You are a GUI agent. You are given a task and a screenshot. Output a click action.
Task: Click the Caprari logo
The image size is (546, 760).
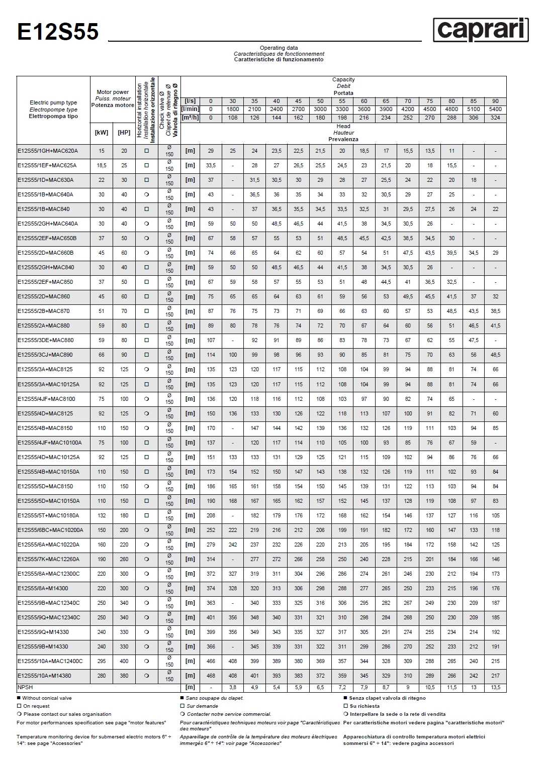[x=481, y=30]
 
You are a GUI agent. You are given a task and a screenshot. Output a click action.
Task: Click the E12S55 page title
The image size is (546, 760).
[x=58, y=32]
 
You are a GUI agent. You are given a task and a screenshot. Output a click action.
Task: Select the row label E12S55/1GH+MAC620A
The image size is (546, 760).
[x=48, y=151]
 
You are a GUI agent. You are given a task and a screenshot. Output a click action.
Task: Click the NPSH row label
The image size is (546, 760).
[x=25, y=687]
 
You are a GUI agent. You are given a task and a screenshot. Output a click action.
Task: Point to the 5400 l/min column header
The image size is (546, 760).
[x=495, y=109]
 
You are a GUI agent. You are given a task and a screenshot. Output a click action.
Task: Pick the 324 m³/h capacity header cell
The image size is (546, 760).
[x=495, y=118]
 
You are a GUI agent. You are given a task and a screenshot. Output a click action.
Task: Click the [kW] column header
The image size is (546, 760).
[x=102, y=133]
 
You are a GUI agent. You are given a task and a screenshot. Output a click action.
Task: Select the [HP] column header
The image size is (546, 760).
[x=124, y=133]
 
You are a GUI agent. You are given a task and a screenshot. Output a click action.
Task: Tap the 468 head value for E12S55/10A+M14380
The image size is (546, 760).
[x=211, y=676]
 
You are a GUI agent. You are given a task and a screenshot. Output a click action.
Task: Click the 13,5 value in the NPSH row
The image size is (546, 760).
[x=495, y=687]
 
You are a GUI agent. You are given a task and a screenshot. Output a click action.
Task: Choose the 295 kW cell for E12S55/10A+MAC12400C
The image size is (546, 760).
[x=102, y=661]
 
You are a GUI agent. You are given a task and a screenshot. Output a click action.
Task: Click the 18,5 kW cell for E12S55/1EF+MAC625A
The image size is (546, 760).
[x=102, y=165]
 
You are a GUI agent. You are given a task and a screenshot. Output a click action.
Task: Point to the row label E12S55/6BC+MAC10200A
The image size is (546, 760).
[x=50, y=530]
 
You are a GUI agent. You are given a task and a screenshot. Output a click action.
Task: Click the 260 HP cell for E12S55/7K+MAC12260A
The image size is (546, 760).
[x=124, y=559]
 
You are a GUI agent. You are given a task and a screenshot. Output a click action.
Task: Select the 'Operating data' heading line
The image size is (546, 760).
[x=279, y=48]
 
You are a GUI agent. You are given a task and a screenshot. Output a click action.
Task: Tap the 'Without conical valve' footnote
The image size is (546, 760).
[x=47, y=698]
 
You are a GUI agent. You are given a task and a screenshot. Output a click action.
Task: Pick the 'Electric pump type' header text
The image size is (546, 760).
[x=53, y=102]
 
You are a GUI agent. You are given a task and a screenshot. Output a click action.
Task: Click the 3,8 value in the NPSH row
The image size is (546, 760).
[x=233, y=687]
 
